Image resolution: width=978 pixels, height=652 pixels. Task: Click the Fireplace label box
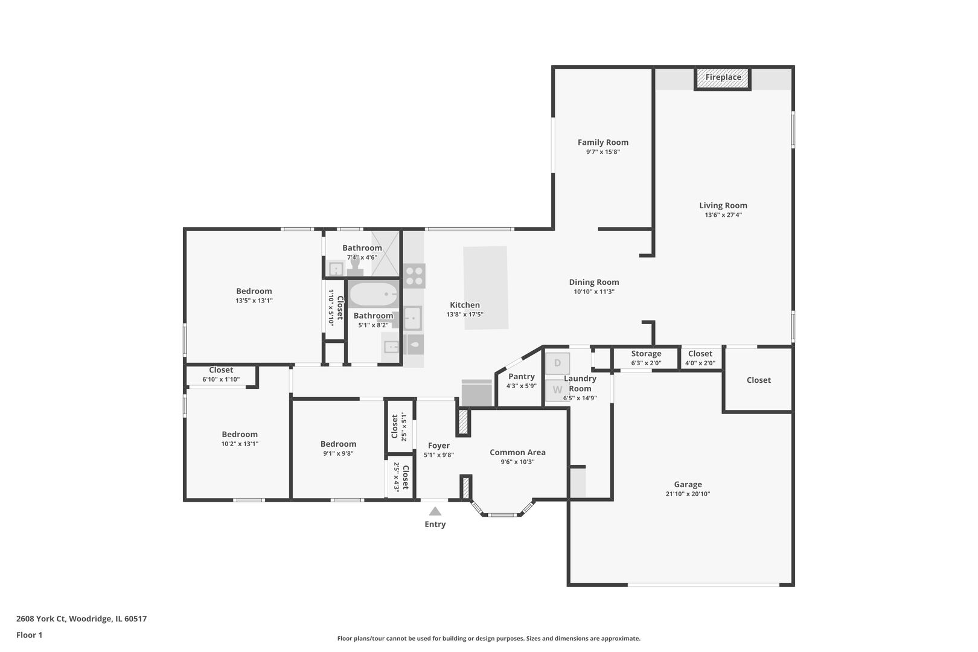[x=723, y=78]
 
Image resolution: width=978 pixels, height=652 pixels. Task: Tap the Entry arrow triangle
[x=435, y=511]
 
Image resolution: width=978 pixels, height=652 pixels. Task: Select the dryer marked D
[x=557, y=363]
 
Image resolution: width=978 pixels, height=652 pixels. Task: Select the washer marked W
[x=557, y=390]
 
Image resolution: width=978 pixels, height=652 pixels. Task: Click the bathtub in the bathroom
[x=373, y=295]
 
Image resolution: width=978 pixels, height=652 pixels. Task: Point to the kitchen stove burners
[x=414, y=276]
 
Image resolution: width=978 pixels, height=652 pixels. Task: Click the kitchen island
[x=485, y=287]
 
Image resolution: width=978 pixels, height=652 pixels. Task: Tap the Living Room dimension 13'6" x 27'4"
[x=723, y=215]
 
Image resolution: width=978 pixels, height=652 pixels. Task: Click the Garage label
[x=688, y=484]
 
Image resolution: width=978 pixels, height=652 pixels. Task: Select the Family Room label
[x=602, y=142]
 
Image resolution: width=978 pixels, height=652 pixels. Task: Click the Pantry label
[x=521, y=377]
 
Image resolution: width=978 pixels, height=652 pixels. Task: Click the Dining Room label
[x=593, y=282]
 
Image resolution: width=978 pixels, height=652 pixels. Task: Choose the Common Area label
[x=517, y=452]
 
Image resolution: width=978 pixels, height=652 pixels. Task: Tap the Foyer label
[x=438, y=446]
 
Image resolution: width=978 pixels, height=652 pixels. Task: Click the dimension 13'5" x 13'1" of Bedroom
[x=254, y=301]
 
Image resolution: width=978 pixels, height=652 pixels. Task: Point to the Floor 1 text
[x=29, y=635]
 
